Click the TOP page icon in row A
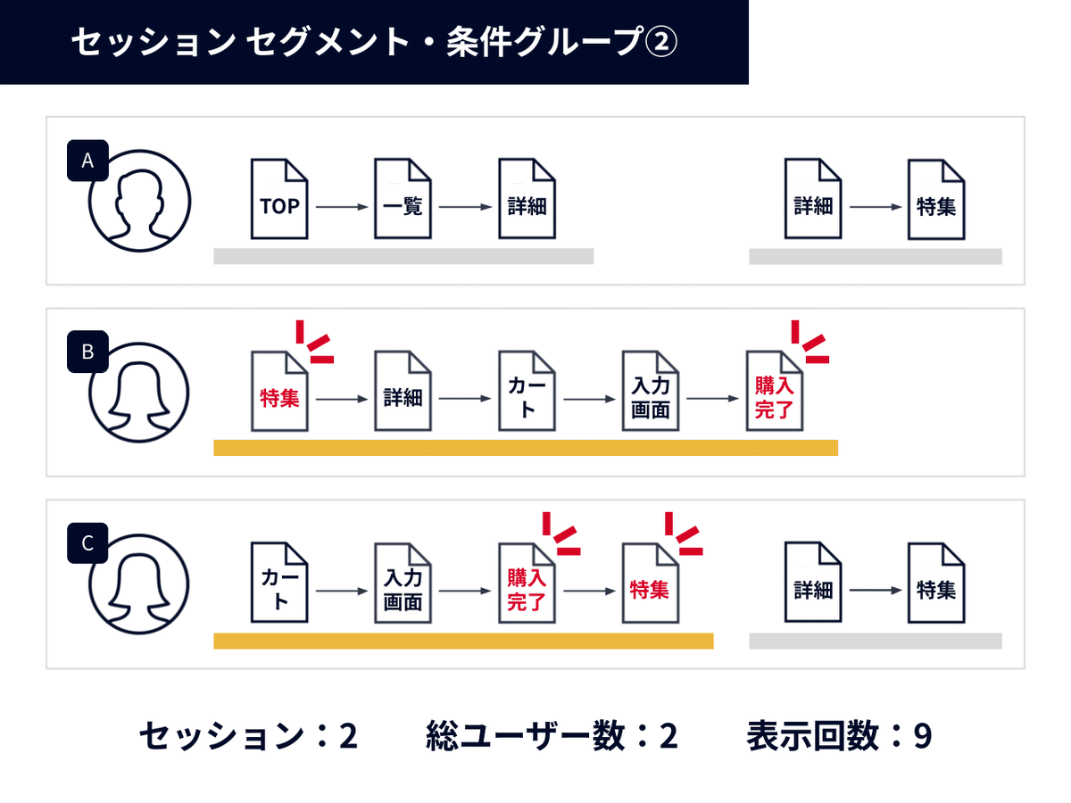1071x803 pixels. pos(279,199)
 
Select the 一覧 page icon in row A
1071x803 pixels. pos(403,199)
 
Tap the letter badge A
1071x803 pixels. pos(87,161)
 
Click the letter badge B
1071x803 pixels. pos(87,352)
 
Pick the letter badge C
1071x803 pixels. pos(87,544)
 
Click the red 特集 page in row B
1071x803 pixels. pos(279,392)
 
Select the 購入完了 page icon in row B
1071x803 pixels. pos(774,392)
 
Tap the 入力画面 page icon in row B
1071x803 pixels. pos(651,392)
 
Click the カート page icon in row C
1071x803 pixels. pos(279,584)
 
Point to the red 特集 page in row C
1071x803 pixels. pos(651,584)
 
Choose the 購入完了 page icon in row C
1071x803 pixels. pos(527,584)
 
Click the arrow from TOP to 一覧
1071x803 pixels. pos(342,207)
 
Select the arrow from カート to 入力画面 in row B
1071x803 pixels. pos(589,400)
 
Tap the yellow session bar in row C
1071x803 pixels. pos(463,641)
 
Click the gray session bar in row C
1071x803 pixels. pos(875,641)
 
